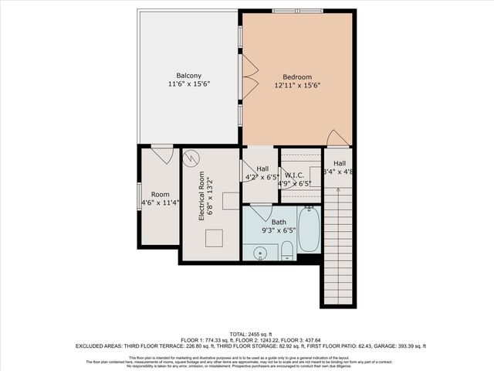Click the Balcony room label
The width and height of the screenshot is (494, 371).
pos(189,76)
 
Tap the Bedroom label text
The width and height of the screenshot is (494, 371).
pos(297,77)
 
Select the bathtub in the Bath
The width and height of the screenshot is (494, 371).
pos(308,230)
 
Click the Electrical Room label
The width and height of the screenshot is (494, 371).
pos(201,196)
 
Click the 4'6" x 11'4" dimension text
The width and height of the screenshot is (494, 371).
pos(160,203)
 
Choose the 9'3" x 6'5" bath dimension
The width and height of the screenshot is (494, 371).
pos(279,230)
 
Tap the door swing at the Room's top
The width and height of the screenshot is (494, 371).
pos(162,154)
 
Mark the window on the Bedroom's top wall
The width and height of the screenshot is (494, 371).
pos(293,10)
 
